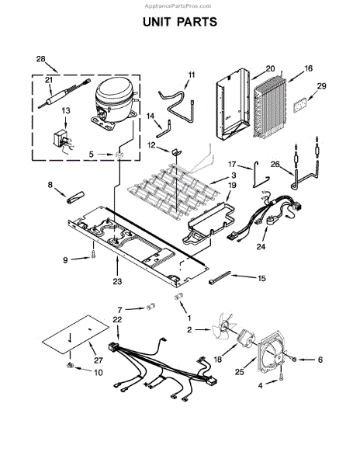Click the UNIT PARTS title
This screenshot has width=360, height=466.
click(x=179, y=23)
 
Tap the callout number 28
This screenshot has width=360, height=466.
click(x=40, y=59)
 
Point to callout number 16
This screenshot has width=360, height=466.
click(x=308, y=69)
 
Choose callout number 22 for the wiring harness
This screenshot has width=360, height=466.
click(x=95, y=320)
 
